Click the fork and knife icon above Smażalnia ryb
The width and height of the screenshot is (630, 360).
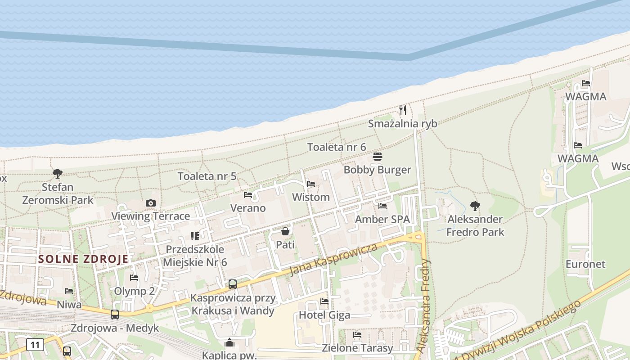pos(403,110)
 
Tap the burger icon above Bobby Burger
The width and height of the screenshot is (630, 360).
pos(378,157)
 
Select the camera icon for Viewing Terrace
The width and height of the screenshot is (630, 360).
pos(151,203)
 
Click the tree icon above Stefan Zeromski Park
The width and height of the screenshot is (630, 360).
pos(57,173)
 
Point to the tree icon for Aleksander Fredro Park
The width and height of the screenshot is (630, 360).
pos(475,206)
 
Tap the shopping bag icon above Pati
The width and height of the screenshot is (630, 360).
pos(285,231)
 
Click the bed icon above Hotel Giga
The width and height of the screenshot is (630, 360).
pos(324,301)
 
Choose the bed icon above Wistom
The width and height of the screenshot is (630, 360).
pos(310,184)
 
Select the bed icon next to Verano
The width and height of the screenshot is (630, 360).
pos(248,194)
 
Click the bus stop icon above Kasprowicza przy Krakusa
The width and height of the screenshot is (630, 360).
pos(233,284)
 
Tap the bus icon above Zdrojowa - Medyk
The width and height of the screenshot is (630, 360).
pos(115,314)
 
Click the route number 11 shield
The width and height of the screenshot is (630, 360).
pos(35,345)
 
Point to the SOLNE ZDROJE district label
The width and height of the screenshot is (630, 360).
pos(83,259)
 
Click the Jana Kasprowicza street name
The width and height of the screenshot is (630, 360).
pos(333,260)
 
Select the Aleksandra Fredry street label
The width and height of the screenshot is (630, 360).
pos(424,306)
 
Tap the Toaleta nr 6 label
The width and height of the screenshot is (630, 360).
pos(337,147)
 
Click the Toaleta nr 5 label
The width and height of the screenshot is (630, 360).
pos(207,176)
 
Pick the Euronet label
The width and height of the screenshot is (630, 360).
pos(585,264)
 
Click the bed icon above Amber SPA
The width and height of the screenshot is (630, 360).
pos(382,206)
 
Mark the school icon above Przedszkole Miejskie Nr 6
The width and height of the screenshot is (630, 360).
pos(195,236)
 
